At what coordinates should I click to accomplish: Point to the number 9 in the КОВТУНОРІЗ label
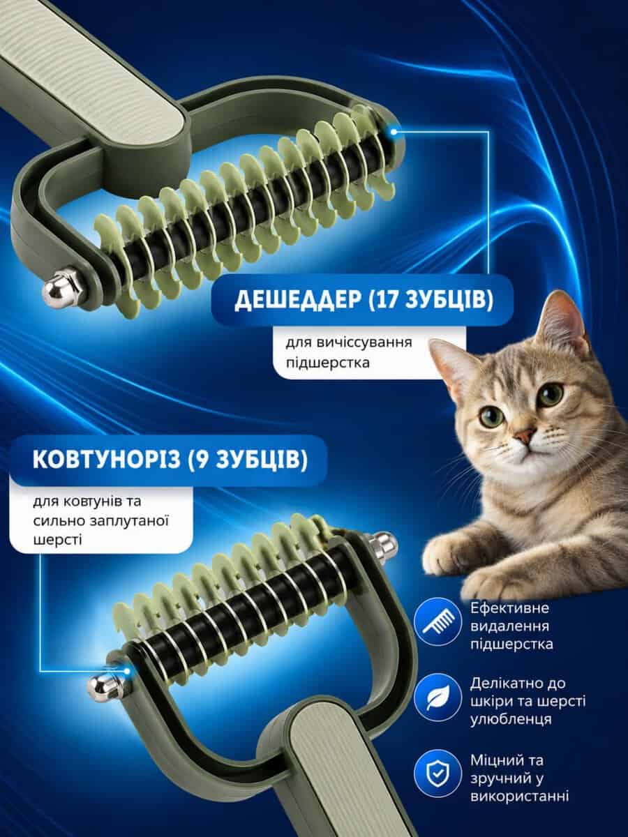click(x=202, y=460)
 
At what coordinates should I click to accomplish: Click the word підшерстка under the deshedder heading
click(x=327, y=362)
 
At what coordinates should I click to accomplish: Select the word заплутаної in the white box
click(x=128, y=521)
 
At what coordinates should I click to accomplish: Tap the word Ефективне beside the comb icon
click(x=509, y=608)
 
